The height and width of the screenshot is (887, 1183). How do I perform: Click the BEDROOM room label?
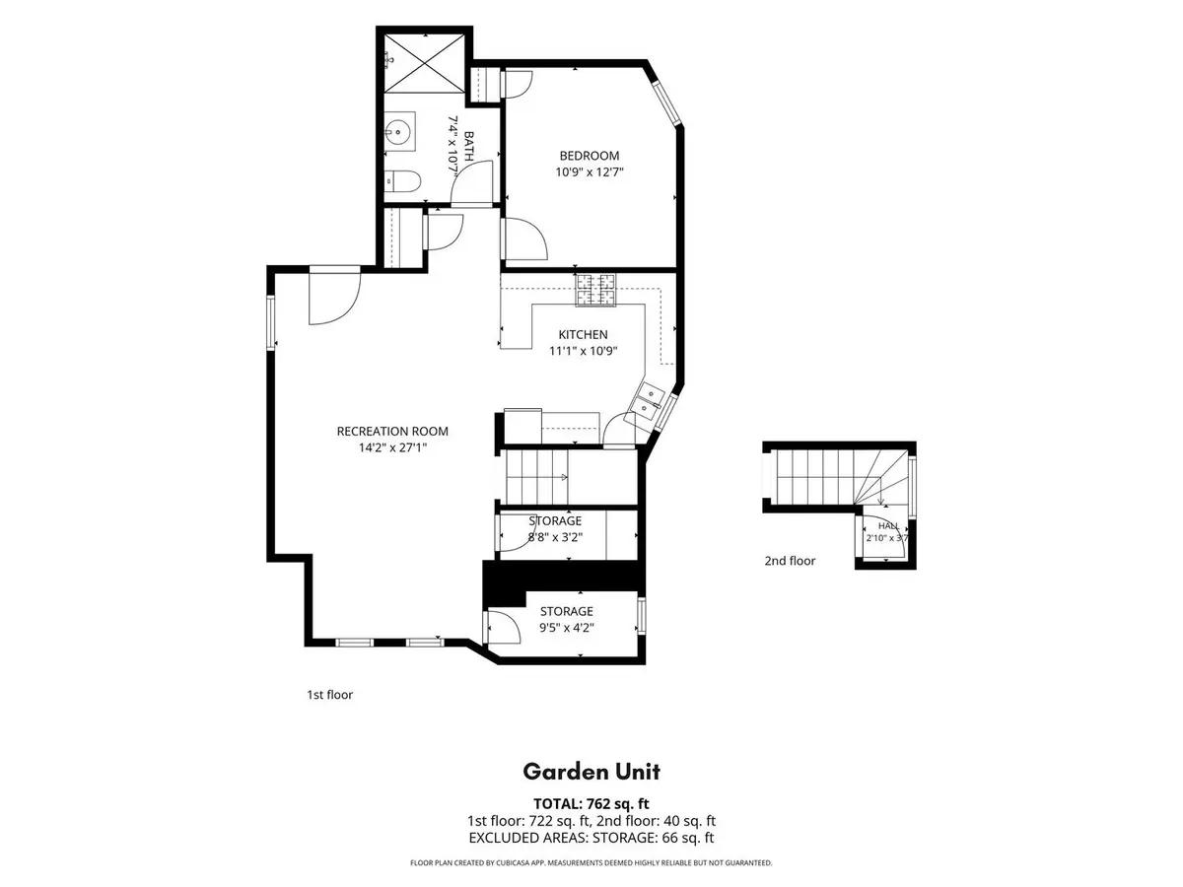590,156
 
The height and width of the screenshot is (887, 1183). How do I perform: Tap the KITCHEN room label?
583,334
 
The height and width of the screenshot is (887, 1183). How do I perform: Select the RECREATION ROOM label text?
392,432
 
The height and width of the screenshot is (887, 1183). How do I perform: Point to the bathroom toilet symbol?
402,181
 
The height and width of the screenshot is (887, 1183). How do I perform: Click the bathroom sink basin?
399,131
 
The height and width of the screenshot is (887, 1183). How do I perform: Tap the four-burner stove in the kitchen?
596,290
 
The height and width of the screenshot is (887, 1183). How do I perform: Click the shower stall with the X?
424,62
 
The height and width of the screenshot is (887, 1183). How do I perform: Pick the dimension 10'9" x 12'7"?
590,172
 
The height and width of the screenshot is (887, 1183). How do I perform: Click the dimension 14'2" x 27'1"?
392,447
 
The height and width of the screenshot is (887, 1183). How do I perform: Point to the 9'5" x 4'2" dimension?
567,628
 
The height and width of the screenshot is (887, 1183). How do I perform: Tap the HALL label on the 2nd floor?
889,525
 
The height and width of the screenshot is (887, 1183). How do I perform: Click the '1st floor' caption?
330,695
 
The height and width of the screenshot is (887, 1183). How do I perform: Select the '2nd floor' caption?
790,561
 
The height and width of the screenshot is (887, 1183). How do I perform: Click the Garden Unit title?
591,772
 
